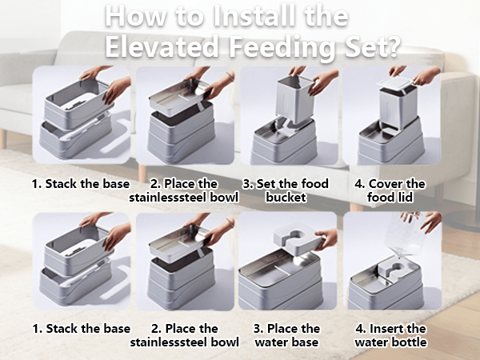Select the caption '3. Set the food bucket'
[286, 190]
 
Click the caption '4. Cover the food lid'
[390, 190]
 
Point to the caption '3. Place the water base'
[286, 335]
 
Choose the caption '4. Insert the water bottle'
[390, 335]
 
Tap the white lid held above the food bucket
[395, 82]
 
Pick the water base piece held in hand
[296, 238]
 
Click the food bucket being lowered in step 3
[294, 98]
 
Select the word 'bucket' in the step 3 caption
[286, 197]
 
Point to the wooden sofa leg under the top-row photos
[142, 173]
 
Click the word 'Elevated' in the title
[162, 46]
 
